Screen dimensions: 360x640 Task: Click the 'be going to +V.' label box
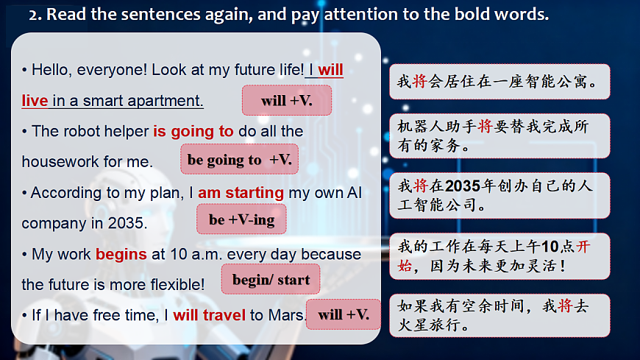(239, 159)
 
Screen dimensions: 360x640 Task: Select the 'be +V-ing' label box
(241, 219)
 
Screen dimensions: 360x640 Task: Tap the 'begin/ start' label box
(271, 280)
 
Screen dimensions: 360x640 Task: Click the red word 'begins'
(121, 254)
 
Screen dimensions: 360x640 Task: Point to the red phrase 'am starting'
(241, 193)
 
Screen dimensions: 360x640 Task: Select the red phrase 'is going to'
(193, 132)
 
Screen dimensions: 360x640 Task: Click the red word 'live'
(35, 101)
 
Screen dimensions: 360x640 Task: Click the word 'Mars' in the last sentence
(287, 315)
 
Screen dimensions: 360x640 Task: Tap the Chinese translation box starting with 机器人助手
(499, 136)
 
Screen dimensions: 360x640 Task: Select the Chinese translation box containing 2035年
(499, 195)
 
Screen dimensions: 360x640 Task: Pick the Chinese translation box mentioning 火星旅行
(499, 315)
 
